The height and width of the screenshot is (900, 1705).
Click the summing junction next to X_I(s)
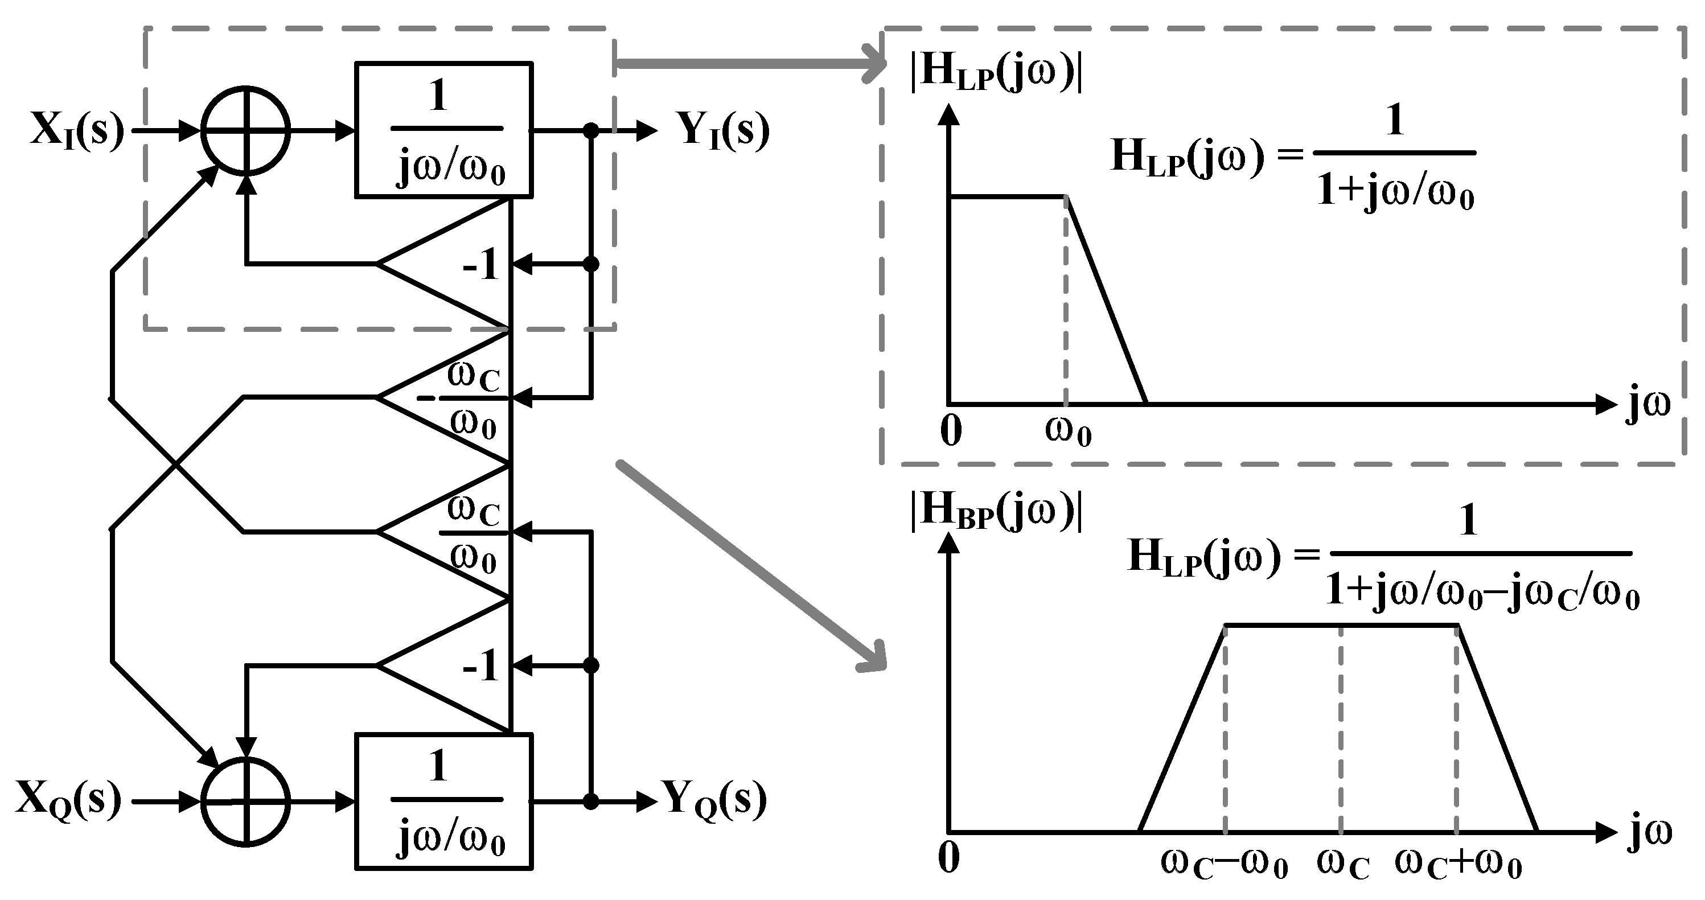(x=245, y=131)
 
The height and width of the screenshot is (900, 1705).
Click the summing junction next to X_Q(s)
(x=245, y=802)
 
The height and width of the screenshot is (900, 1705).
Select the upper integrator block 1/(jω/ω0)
(x=444, y=130)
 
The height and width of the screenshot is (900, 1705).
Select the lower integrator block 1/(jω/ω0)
(x=444, y=802)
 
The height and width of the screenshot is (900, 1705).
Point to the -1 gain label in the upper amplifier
(x=480, y=266)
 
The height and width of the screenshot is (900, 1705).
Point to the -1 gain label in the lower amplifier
(x=480, y=665)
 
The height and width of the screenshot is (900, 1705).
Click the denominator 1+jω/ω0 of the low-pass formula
(x=1395, y=193)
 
